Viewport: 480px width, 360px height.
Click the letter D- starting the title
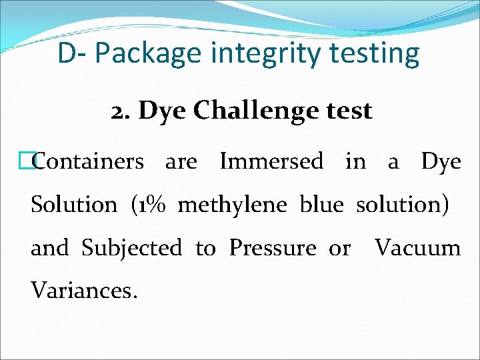(70, 53)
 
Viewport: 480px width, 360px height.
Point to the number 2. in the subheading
(121, 111)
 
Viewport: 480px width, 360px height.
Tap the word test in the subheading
(347, 111)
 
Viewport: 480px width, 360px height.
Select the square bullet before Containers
(27, 161)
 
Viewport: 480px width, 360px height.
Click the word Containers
(87, 161)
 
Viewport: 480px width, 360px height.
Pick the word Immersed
(271, 161)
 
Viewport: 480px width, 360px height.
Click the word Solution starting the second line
(73, 205)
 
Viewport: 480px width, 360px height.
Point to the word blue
(323, 205)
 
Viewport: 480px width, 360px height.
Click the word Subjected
(131, 249)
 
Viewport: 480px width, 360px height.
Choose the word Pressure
(273, 249)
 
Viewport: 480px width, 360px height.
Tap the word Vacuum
(417, 248)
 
